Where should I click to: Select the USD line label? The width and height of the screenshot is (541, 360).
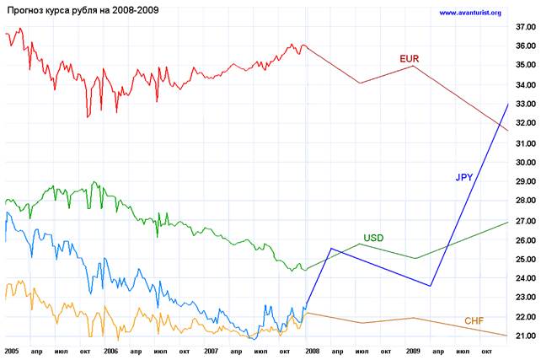click(x=373, y=238)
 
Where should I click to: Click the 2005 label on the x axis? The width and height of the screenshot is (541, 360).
click(x=12, y=349)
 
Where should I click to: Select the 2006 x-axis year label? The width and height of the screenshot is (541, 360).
click(x=110, y=349)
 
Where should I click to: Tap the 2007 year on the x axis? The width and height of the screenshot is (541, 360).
click(x=211, y=349)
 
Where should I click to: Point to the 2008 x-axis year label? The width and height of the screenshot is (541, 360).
click(x=311, y=349)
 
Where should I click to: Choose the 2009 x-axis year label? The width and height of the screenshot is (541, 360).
click(x=411, y=349)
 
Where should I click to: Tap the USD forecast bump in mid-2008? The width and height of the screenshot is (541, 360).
click(x=361, y=244)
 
